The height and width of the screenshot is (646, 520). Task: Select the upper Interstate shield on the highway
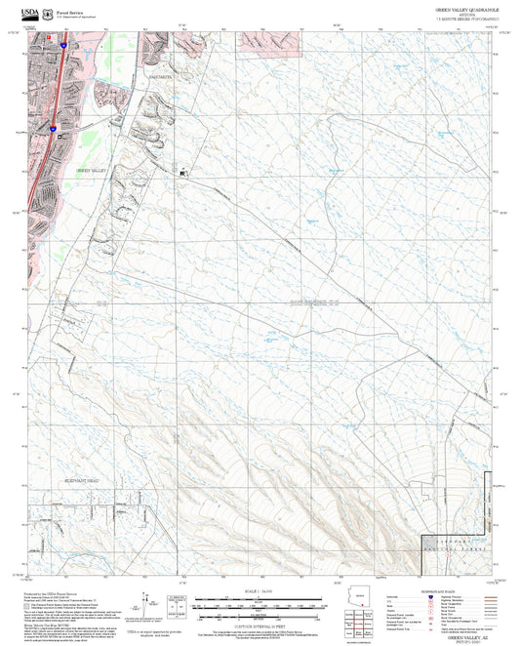coord(61,45)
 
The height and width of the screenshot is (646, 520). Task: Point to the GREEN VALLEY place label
coord(92,170)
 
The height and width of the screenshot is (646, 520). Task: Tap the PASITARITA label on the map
coord(159,75)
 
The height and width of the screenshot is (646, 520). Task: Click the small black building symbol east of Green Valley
coord(182,172)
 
